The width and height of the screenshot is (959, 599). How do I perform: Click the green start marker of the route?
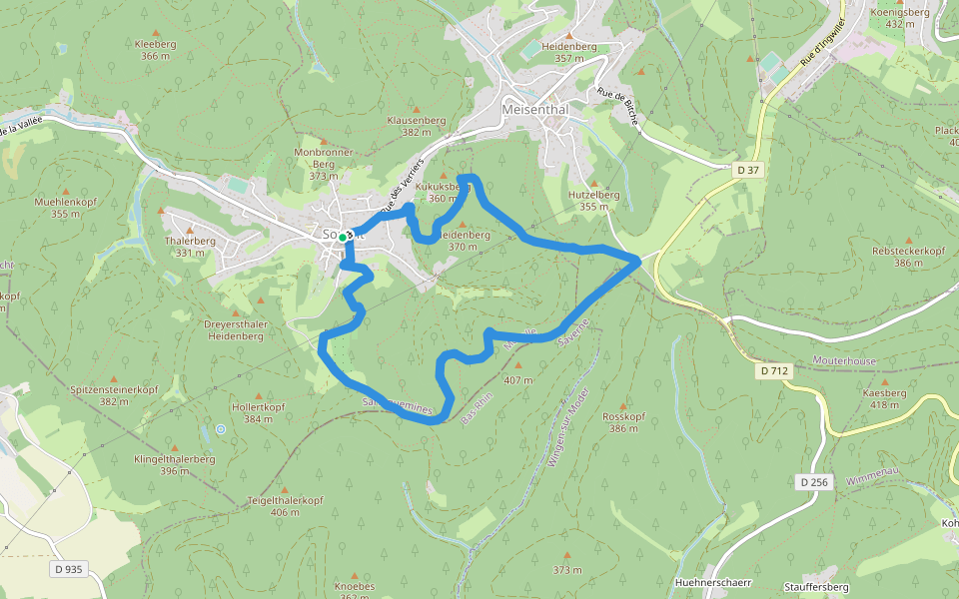point(342,238)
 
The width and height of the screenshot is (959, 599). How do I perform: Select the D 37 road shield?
point(748,171)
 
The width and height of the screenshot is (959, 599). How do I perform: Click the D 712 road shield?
point(774,371)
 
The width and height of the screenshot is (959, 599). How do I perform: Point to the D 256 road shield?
point(814,482)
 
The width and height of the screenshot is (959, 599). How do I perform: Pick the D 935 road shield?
point(68,569)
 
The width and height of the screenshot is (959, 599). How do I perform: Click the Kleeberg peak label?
point(155,45)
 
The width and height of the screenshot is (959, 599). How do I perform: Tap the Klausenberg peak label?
point(416,120)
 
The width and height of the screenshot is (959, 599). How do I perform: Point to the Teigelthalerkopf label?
point(285,499)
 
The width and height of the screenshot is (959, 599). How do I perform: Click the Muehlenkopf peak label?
point(64,202)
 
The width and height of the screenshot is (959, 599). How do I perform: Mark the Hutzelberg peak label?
point(594,195)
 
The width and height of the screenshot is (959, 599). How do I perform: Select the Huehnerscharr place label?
point(713,582)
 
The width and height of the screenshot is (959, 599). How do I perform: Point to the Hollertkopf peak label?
point(259,407)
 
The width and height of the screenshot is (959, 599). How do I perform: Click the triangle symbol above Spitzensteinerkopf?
point(115,376)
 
